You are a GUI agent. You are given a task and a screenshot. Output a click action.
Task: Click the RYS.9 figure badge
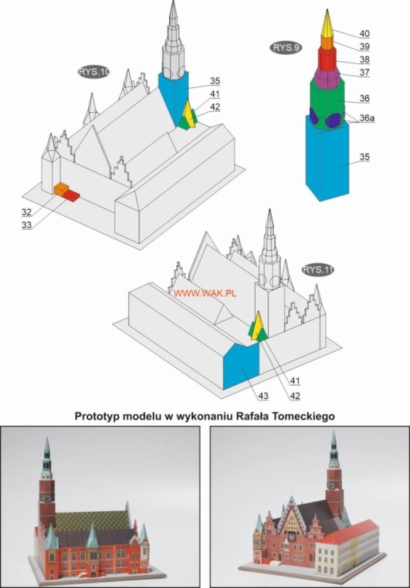286,48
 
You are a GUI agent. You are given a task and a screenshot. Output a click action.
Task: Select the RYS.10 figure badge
95,72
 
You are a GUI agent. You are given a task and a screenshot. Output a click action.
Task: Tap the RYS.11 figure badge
318,270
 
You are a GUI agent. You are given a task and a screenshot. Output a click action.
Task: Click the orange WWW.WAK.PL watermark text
205,293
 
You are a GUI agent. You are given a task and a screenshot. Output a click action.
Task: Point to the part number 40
365,33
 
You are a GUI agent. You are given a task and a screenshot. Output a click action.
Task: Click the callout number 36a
367,118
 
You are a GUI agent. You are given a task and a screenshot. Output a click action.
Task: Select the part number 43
263,396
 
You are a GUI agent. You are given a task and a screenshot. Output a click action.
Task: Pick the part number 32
26,212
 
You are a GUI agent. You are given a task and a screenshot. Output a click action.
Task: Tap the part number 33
26,225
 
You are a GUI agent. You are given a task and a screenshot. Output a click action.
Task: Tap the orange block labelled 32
61,189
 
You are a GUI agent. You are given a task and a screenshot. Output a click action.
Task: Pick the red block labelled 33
71,195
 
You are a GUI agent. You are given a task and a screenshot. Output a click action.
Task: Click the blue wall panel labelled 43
241,366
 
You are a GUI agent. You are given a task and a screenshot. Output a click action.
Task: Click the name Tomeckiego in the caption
304,416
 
